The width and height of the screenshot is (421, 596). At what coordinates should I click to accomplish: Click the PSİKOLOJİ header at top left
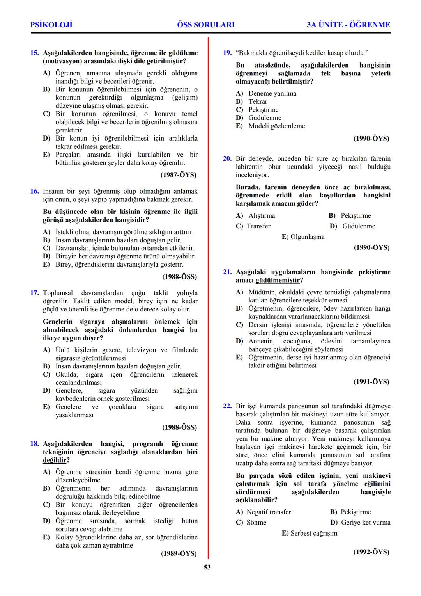[51, 25]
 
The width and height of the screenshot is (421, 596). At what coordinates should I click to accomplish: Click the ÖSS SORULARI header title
[206, 25]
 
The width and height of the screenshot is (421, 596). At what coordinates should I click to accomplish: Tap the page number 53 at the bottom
[207, 567]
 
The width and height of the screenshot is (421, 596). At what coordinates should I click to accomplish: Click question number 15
[35, 53]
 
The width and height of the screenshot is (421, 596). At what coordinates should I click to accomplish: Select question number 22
[227, 406]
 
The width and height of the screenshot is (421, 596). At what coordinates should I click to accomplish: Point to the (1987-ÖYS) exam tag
[179, 175]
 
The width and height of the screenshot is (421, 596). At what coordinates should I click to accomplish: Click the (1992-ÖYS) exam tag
[371, 552]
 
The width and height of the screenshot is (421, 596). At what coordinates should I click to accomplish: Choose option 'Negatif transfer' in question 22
[269, 512]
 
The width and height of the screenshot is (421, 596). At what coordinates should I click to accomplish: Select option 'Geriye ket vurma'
[365, 523]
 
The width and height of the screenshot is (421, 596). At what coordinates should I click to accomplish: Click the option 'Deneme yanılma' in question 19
[272, 93]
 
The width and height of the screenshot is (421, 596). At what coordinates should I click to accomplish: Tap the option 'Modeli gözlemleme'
[277, 126]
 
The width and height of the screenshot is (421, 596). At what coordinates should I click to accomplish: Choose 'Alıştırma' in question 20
[261, 216]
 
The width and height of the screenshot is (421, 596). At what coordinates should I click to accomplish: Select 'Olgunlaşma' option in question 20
[307, 237]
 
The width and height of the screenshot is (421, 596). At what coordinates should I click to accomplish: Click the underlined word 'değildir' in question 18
[53, 460]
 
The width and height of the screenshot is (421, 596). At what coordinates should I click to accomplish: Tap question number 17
[35, 293]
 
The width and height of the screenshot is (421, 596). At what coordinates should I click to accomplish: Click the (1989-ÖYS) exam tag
[179, 553]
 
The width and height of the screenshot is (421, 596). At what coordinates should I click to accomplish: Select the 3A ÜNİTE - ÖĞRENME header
[348, 25]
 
